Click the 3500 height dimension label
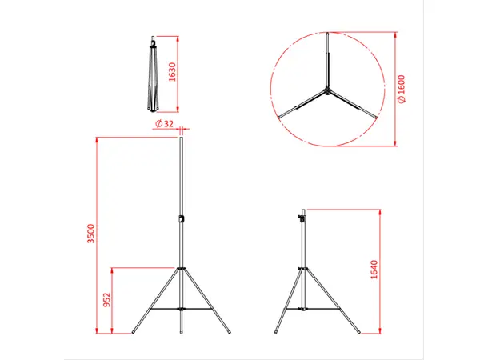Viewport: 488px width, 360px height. [92, 234]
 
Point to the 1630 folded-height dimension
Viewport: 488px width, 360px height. [172, 74]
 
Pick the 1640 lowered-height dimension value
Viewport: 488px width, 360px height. [374, 270]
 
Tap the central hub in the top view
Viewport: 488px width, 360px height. [326, 91]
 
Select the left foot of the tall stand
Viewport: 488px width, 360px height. [134, 331]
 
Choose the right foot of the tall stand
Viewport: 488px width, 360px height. [230, 331]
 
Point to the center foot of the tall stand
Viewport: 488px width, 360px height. [182, 331]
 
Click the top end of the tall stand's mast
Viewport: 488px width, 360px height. [182, 139]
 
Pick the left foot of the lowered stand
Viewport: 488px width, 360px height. [275, 331]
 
